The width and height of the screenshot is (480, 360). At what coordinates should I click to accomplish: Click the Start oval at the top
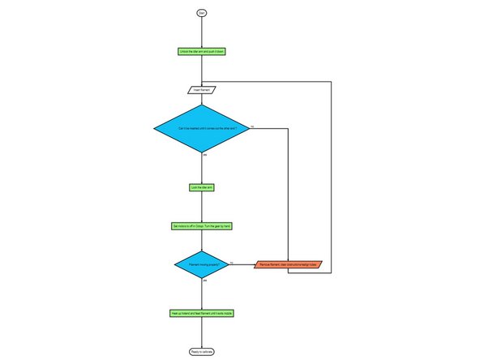[x=201, y=12]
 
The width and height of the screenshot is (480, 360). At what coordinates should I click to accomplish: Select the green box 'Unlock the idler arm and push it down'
[x=201, y=51]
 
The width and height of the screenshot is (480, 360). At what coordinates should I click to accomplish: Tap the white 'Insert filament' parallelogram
[x=201, y=88]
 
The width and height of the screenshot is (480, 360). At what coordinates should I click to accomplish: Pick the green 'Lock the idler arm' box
[x=201, y=186]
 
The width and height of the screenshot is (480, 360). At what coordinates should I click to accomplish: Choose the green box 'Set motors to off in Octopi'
[x=201, y=225]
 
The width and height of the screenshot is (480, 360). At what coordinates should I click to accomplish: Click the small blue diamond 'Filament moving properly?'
[x=201, y=264]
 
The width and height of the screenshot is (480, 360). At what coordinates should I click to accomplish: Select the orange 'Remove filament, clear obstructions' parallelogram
[x=289, y=264]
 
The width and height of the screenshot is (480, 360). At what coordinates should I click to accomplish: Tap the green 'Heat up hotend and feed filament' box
[x=201, y=312]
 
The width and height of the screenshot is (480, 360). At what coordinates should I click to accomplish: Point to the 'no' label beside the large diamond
[x=252, y=126]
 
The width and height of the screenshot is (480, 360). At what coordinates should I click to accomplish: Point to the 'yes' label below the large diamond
[x=204, y=154]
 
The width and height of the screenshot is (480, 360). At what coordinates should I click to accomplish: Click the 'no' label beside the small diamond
[x=232, y=262]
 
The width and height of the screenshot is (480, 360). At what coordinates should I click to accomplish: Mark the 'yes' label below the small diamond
[x=204, y=281]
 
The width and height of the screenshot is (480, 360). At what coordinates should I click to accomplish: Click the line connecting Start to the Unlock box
[x=201, y=31]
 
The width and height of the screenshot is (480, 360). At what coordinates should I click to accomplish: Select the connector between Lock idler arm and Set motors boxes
[x=201, y=206]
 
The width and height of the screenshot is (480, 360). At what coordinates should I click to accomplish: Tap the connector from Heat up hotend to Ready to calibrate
[x=201, y=332]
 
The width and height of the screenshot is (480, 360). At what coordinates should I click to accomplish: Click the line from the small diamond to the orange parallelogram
[x=242, y=264]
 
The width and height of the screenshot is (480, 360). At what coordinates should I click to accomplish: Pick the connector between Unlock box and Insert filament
[x=201, y=70]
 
